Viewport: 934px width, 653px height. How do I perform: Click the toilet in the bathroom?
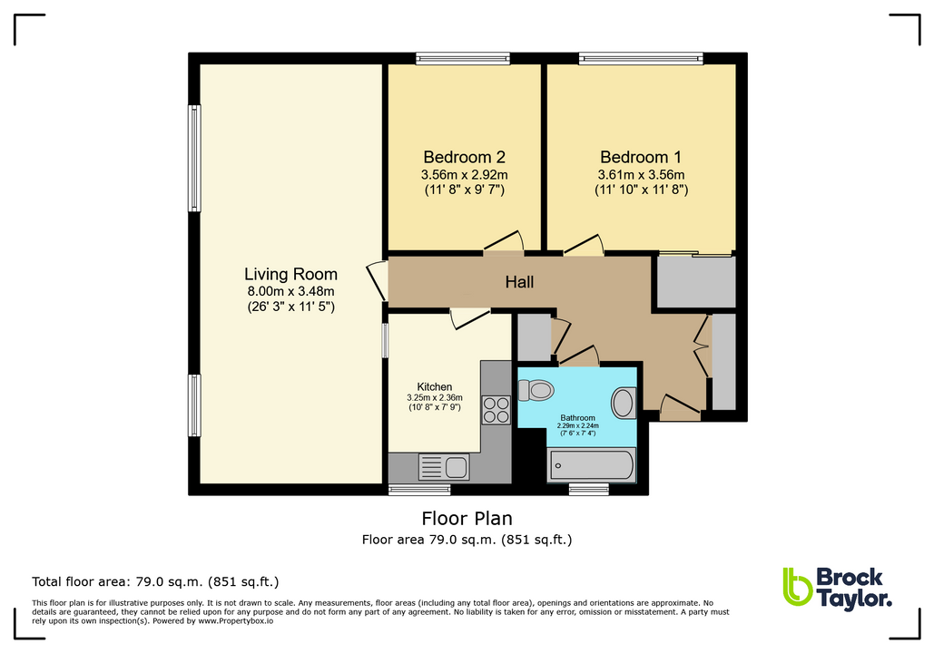point(536,390)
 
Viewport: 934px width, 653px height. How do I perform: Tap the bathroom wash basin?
point(624,403)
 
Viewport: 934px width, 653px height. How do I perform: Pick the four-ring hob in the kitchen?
point(496,410)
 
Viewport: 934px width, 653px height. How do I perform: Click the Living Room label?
point(290,274)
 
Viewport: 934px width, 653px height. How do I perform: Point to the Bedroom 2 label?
point(463,156)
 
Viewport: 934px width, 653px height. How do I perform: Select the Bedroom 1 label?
point(641,156)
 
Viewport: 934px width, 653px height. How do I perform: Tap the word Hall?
point(519,282)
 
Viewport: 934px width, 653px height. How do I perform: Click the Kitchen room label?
point(435,386)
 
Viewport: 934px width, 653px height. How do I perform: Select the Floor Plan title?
point(467,519)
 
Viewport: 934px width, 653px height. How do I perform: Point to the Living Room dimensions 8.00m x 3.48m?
point(290,291)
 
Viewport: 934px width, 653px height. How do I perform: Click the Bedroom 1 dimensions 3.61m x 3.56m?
point(641,174)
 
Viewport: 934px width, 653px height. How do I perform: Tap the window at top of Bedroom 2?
point(463,58)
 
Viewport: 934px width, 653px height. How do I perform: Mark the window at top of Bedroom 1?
point(641,58)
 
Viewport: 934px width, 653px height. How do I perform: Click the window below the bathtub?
point(588,490)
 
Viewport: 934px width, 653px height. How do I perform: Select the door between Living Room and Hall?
point(376,280)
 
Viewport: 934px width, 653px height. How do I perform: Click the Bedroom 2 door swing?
point(505,240)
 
